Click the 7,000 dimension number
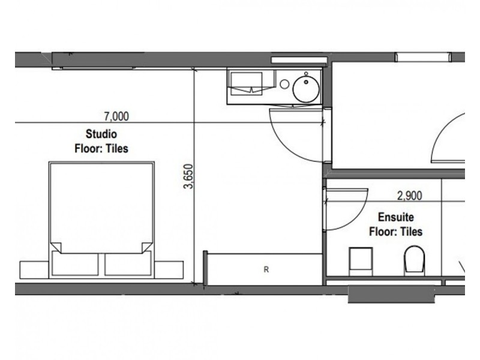116,116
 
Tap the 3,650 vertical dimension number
188,176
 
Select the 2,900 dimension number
409,196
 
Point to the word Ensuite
396,217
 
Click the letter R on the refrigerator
266,269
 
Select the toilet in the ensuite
415,260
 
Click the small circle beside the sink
284,84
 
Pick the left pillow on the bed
76,263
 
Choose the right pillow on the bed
128,263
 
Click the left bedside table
35,269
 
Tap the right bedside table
169,269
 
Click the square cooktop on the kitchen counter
247,83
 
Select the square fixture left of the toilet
361,261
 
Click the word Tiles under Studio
117,149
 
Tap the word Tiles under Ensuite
412,232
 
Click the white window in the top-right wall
423,57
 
